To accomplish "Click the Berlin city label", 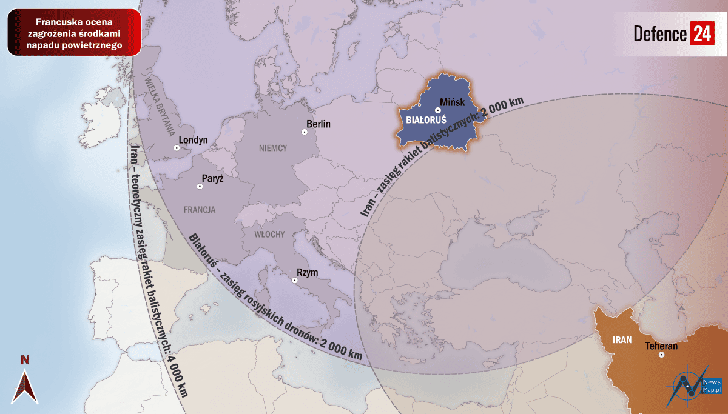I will [318, 124].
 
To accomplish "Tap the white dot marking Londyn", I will [177, 147].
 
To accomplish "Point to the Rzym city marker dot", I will [294, 280].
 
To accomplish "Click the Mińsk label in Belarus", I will [452, 102].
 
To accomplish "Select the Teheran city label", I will [661, 346].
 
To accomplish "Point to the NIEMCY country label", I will [272, 148].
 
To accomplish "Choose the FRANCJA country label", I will [199, 210].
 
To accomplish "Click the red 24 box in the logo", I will [702, 33].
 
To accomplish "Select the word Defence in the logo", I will [659, 34].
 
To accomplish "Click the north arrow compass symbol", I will [25, 386].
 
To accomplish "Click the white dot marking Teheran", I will [661, 355].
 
